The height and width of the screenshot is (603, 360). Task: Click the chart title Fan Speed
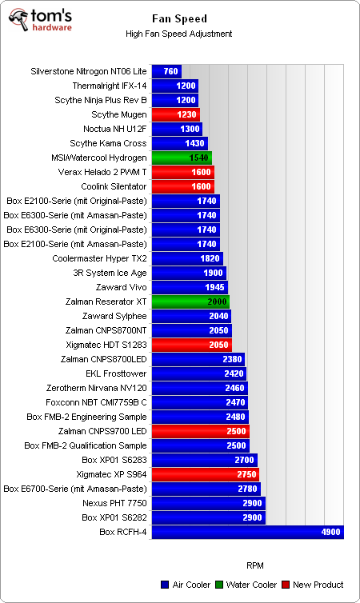(x=179, y=18)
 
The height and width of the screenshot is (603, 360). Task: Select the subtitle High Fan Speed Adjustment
(x=179, y=34)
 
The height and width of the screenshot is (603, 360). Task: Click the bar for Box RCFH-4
(x=247, y=532)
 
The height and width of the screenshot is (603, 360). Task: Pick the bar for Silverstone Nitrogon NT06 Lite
(x=166, y=71)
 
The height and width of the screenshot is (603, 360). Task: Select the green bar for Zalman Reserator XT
(x=190, y=301)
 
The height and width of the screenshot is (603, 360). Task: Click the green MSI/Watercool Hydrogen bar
(x=181, y=158)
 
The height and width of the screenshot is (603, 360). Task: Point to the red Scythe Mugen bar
(x=175, y=114)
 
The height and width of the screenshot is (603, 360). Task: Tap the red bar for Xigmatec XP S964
(x=205, y=474)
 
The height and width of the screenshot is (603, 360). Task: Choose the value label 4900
(x=330, y=532)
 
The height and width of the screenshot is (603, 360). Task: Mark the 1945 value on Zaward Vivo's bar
(x=214, y=287)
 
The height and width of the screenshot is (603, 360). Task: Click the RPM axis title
(x=255, y=564)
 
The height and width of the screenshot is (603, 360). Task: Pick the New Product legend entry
(x=313, y=585)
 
